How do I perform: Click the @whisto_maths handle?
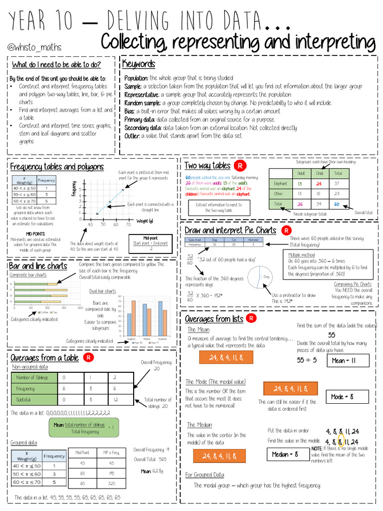[x=35, y=47]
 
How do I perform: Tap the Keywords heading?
[x=139, y=64]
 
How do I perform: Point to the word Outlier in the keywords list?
[x=132, y=136]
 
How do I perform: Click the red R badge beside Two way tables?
[x=241, y=166]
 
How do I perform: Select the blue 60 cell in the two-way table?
[x=337, y=204]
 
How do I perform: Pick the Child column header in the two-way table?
[x=319, y=173]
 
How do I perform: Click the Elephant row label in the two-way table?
[x=281, y=184]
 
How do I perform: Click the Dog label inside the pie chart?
[x=267, y=276]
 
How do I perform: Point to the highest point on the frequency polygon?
[x=123, y=187]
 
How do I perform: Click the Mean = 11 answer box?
[x=348, y=360]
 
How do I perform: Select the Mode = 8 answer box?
[x=348, y=397]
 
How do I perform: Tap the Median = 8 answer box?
[x=285, y=454]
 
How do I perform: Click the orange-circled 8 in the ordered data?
[x=341, y=442]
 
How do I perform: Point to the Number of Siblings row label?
[x=32, y=378]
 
